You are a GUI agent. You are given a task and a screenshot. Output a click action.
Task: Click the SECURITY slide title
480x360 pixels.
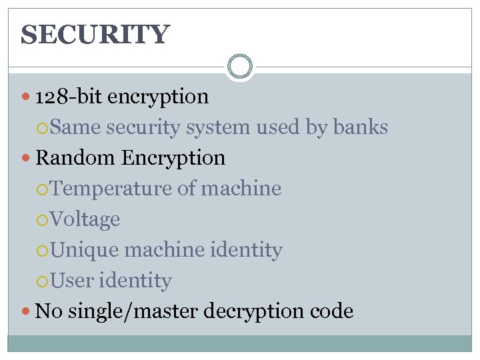click(95, 34)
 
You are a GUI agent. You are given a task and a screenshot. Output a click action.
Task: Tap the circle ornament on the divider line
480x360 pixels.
click(239, 67)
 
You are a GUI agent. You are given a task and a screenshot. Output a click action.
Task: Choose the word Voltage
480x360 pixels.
click(85, 219)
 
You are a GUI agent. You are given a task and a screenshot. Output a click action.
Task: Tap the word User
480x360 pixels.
click(71, 281)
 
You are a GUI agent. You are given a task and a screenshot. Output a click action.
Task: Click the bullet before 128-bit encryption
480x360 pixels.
click(27, 97)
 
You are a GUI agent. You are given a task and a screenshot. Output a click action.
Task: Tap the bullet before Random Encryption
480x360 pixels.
click(27, 159)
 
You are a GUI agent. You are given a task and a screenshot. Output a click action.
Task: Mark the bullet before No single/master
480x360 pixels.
click(27, 311)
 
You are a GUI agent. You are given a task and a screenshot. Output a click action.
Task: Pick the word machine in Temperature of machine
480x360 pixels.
click(241, 189)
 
